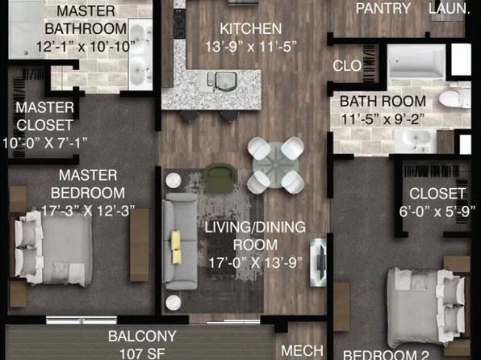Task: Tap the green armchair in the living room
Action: coord(220,178)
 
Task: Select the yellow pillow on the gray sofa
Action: coord(176,247)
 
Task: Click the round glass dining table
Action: coord(275,165)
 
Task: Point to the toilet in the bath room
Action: coord(455,98)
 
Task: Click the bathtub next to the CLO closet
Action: coord(416,61)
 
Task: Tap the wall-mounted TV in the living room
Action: coord(319,262)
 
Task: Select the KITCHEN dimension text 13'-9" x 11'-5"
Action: coord(251,47)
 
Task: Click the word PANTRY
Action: coord(383,8)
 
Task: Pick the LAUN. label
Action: coord(449,8)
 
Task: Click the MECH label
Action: coord(302,350)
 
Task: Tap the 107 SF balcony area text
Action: coord(142,354)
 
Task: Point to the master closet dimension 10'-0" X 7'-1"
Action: coord(45,143)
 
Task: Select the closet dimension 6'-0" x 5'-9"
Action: coord(437,211)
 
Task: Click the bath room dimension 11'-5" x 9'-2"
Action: coord(383,119)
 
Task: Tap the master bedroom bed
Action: coord(52,248)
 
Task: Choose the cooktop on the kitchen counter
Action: coord(179,23)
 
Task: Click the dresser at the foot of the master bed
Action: coord(140,245)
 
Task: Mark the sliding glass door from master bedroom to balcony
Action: coord(82,320)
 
